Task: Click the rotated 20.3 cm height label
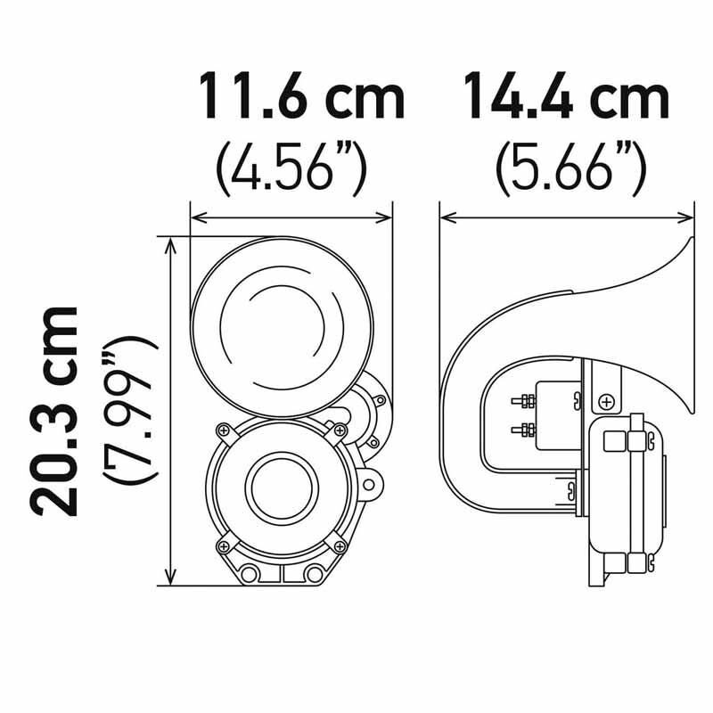[x=54, y=409]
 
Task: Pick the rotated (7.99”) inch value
[x=124, y=409]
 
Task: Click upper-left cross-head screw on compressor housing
[x=217, y=430]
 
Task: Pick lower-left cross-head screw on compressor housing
[x=219, y=545]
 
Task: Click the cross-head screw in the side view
[x=608, y=401]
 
